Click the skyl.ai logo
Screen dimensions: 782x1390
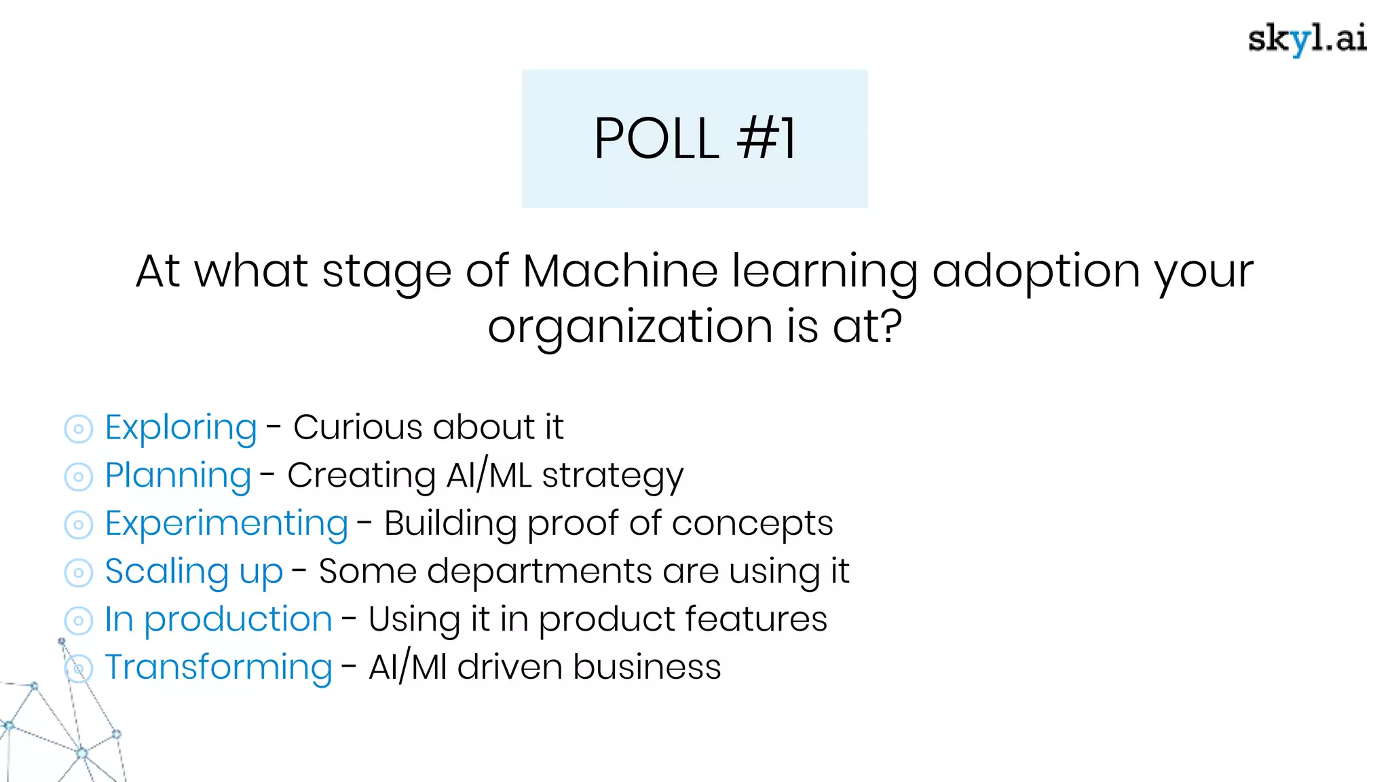(x=1307, y=39)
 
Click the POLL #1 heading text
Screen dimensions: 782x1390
(x=694, y=139)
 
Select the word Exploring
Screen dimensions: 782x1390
(x=181, y=428)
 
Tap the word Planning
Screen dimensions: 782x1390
(x=178, y=475)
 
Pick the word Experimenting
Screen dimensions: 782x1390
(x=226, y=523)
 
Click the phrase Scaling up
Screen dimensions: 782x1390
(x=193, y=572)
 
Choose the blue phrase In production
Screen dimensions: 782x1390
(x=218, y=619)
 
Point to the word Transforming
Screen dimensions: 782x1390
(x=218, y=667)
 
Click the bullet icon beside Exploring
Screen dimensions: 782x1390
(x=79, y=429)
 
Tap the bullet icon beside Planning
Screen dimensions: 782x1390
(x=79, y=477)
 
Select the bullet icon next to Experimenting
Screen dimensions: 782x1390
(x=79, y=525)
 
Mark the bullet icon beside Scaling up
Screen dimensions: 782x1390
(x=79, y=573)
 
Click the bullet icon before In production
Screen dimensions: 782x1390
(x=79, y=620)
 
